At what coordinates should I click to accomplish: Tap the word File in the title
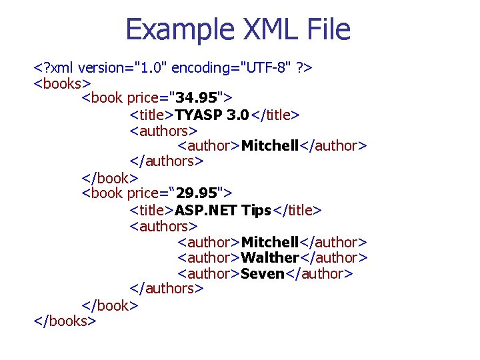point(326,30)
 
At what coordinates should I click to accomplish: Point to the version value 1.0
point(153,67)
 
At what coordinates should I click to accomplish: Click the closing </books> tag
point(65,321)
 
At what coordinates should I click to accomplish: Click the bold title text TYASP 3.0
point(211,115)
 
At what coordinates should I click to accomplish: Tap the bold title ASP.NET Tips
point(223,210)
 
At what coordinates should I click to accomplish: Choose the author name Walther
point(270,257)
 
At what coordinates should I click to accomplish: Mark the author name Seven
point(263,273)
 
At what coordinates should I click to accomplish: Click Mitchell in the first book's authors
point(270,146)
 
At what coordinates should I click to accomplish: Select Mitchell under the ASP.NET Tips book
point(270,241)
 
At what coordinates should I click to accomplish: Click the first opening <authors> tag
point(163,130)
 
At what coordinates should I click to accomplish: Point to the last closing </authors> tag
point(166,289)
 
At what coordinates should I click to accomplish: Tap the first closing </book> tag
point(109,178)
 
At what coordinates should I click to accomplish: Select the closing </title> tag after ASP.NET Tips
point(297,210)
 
